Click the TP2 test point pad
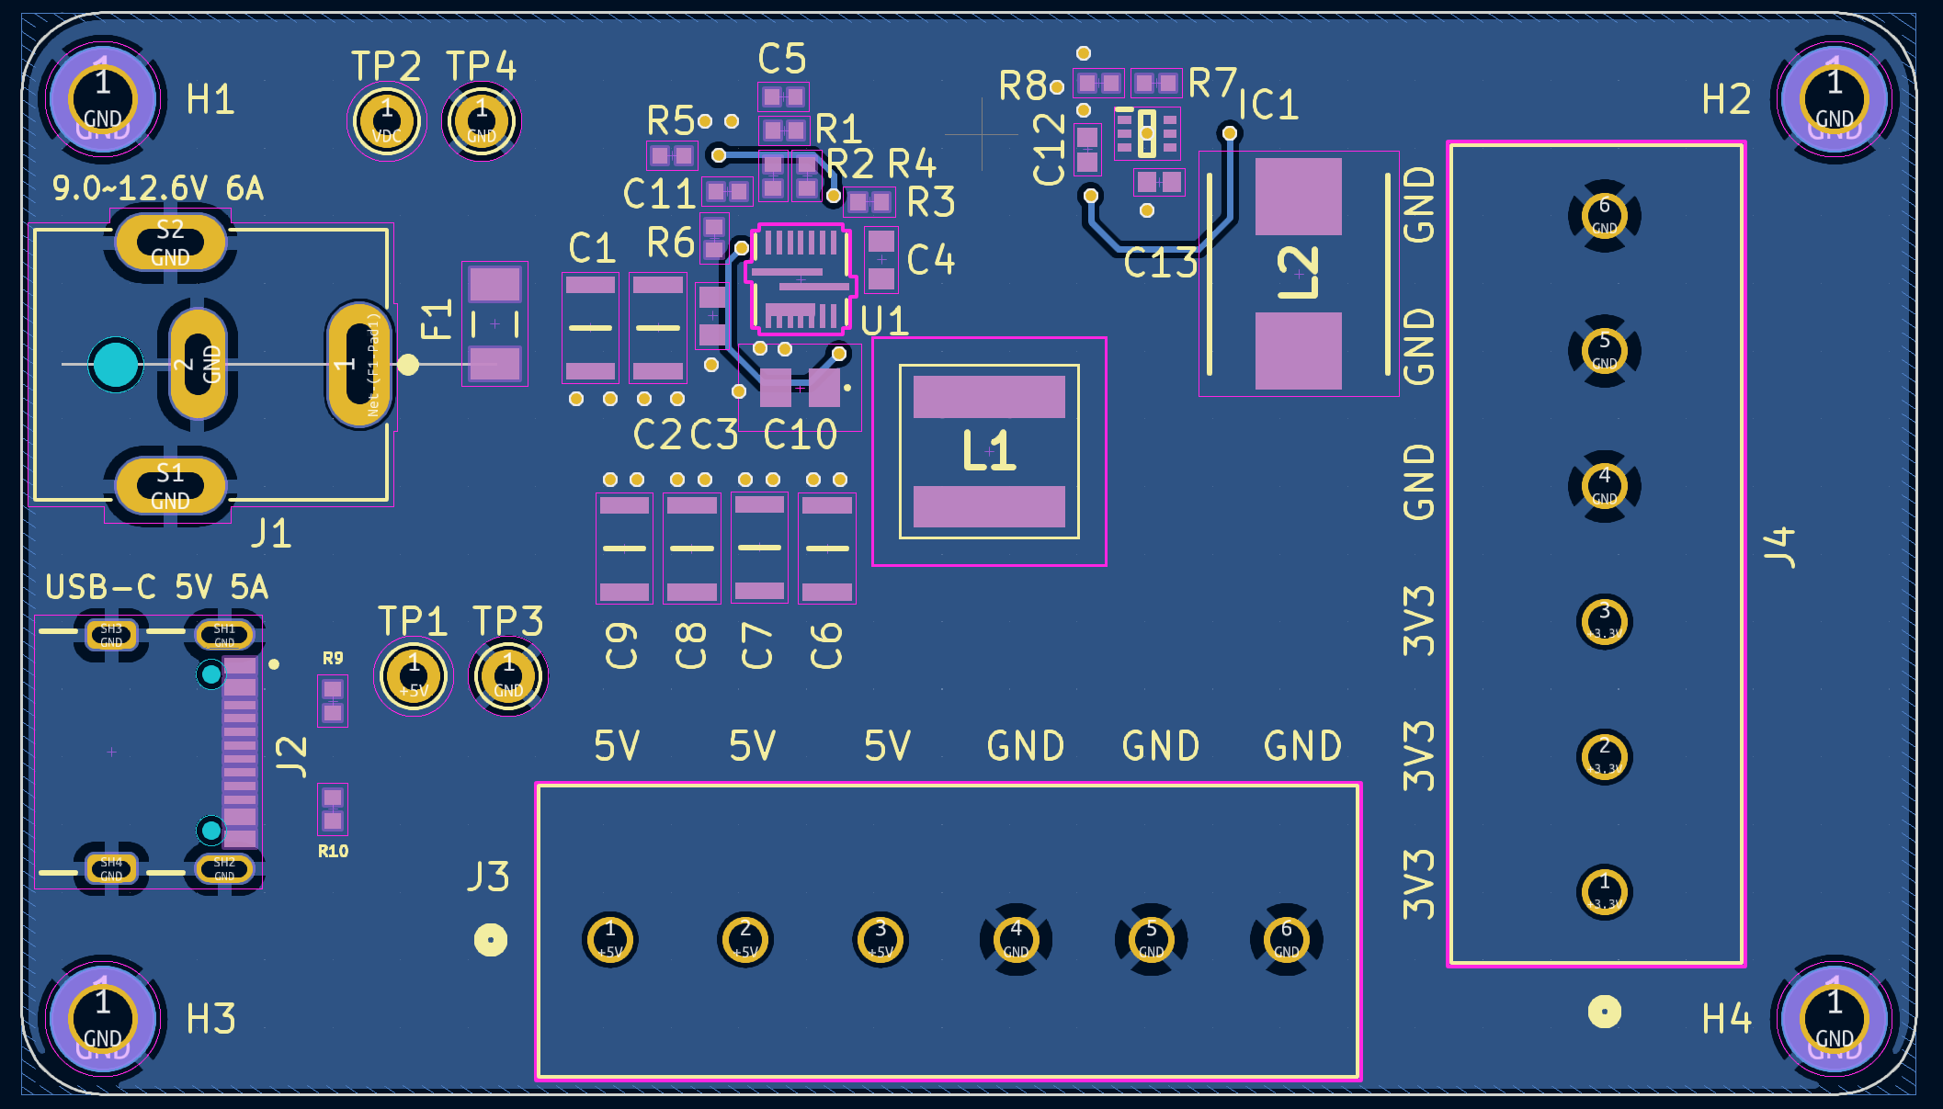tap(387, 121)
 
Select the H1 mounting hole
tap(103, 99)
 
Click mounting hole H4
tap(1834, 1018)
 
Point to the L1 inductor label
tap(989, 450)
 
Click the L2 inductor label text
tap(1298, 273)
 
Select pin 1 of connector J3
tap(610, 939)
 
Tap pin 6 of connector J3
tap(1286, 939)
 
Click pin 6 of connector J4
tap(1604, 215)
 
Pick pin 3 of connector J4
tap(1604, 622)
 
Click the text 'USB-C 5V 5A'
tap(156, 587)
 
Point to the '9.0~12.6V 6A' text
tap(157, 188)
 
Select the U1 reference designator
tap(884, 322)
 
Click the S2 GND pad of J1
tap(170, 243)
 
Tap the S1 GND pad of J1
tap(170, 486)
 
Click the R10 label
tap(333, 852)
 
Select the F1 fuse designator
tap(437, 319)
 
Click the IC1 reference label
tap(1268, 105)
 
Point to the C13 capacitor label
tap(1160, 265)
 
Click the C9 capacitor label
tap(622, 645)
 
